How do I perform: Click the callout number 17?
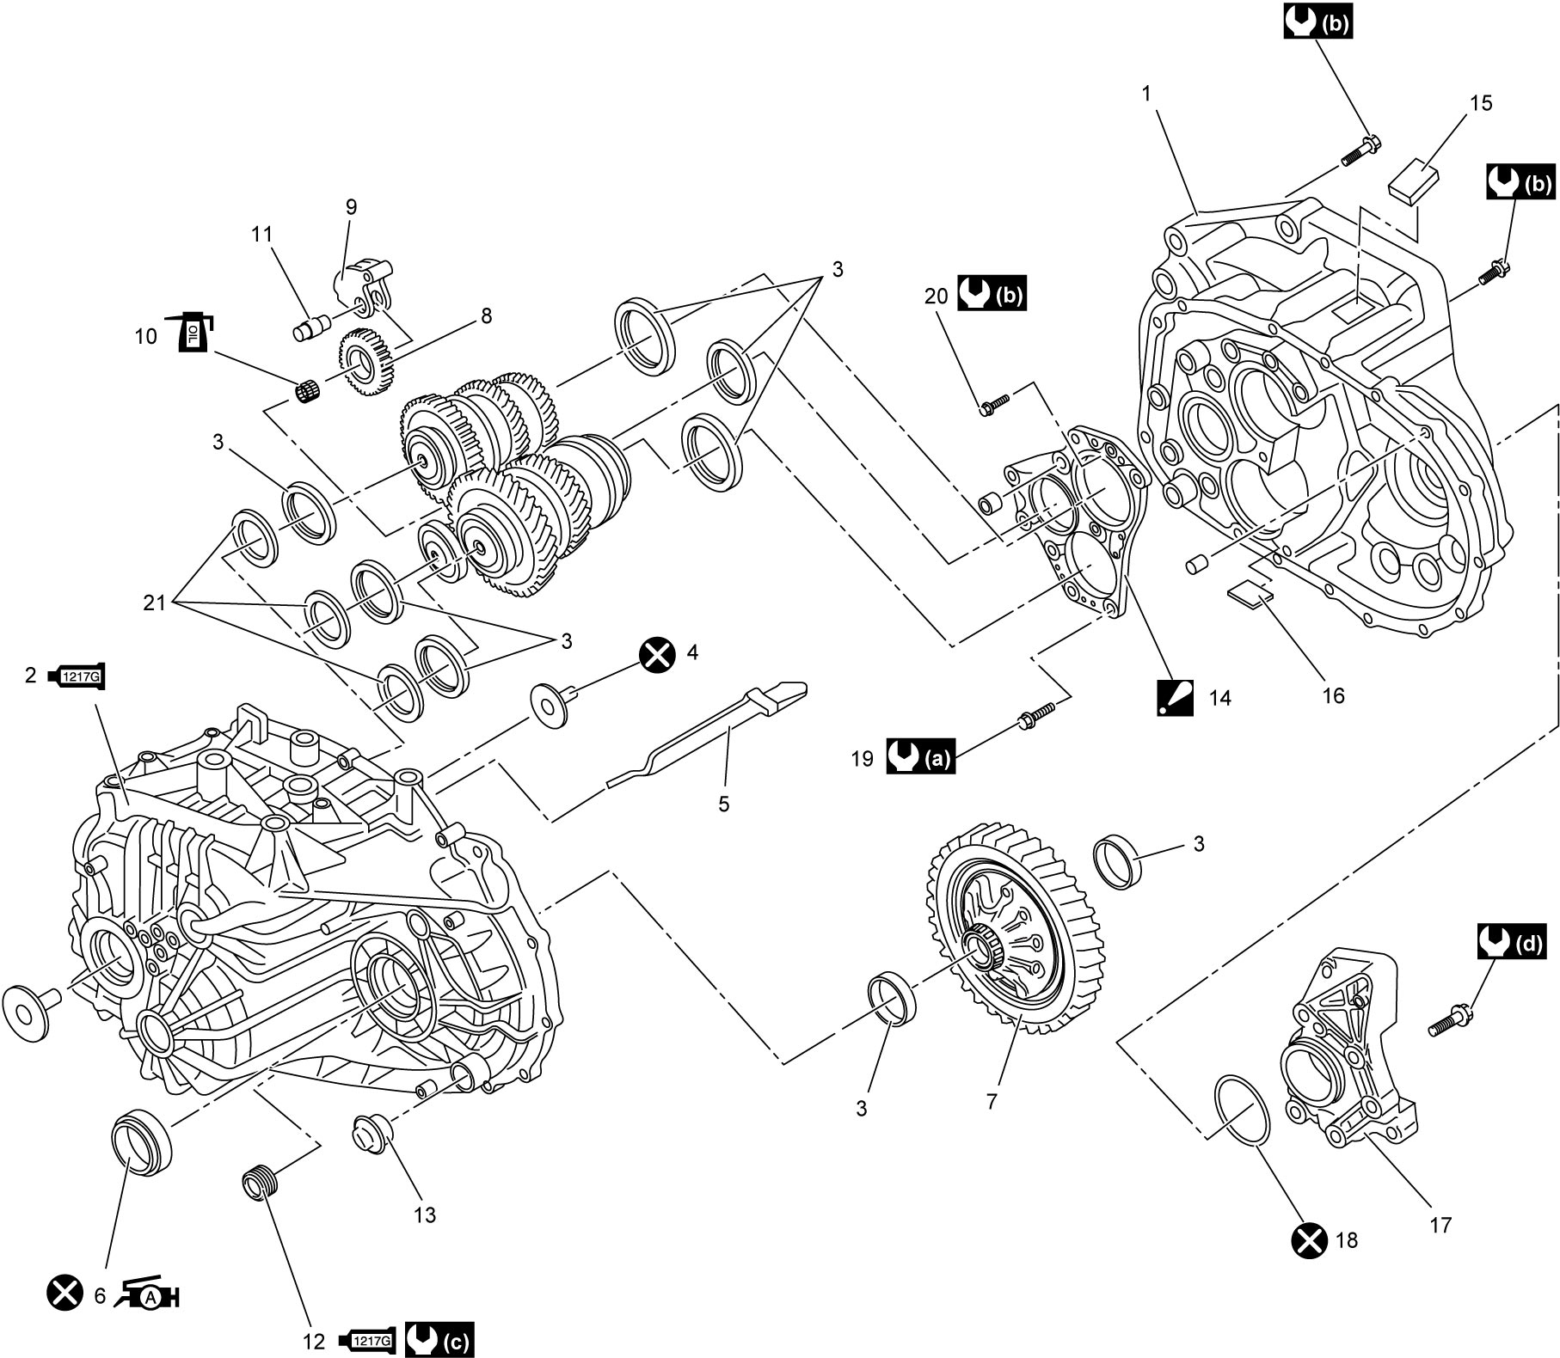click(x=1440, y=1225)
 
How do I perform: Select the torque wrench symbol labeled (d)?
click(x=1512, y=942)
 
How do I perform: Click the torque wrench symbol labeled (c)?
click(x=439, y=1340)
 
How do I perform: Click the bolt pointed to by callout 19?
click(x=1035, y=716)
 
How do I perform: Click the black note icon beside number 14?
click(x=1175, y=696)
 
